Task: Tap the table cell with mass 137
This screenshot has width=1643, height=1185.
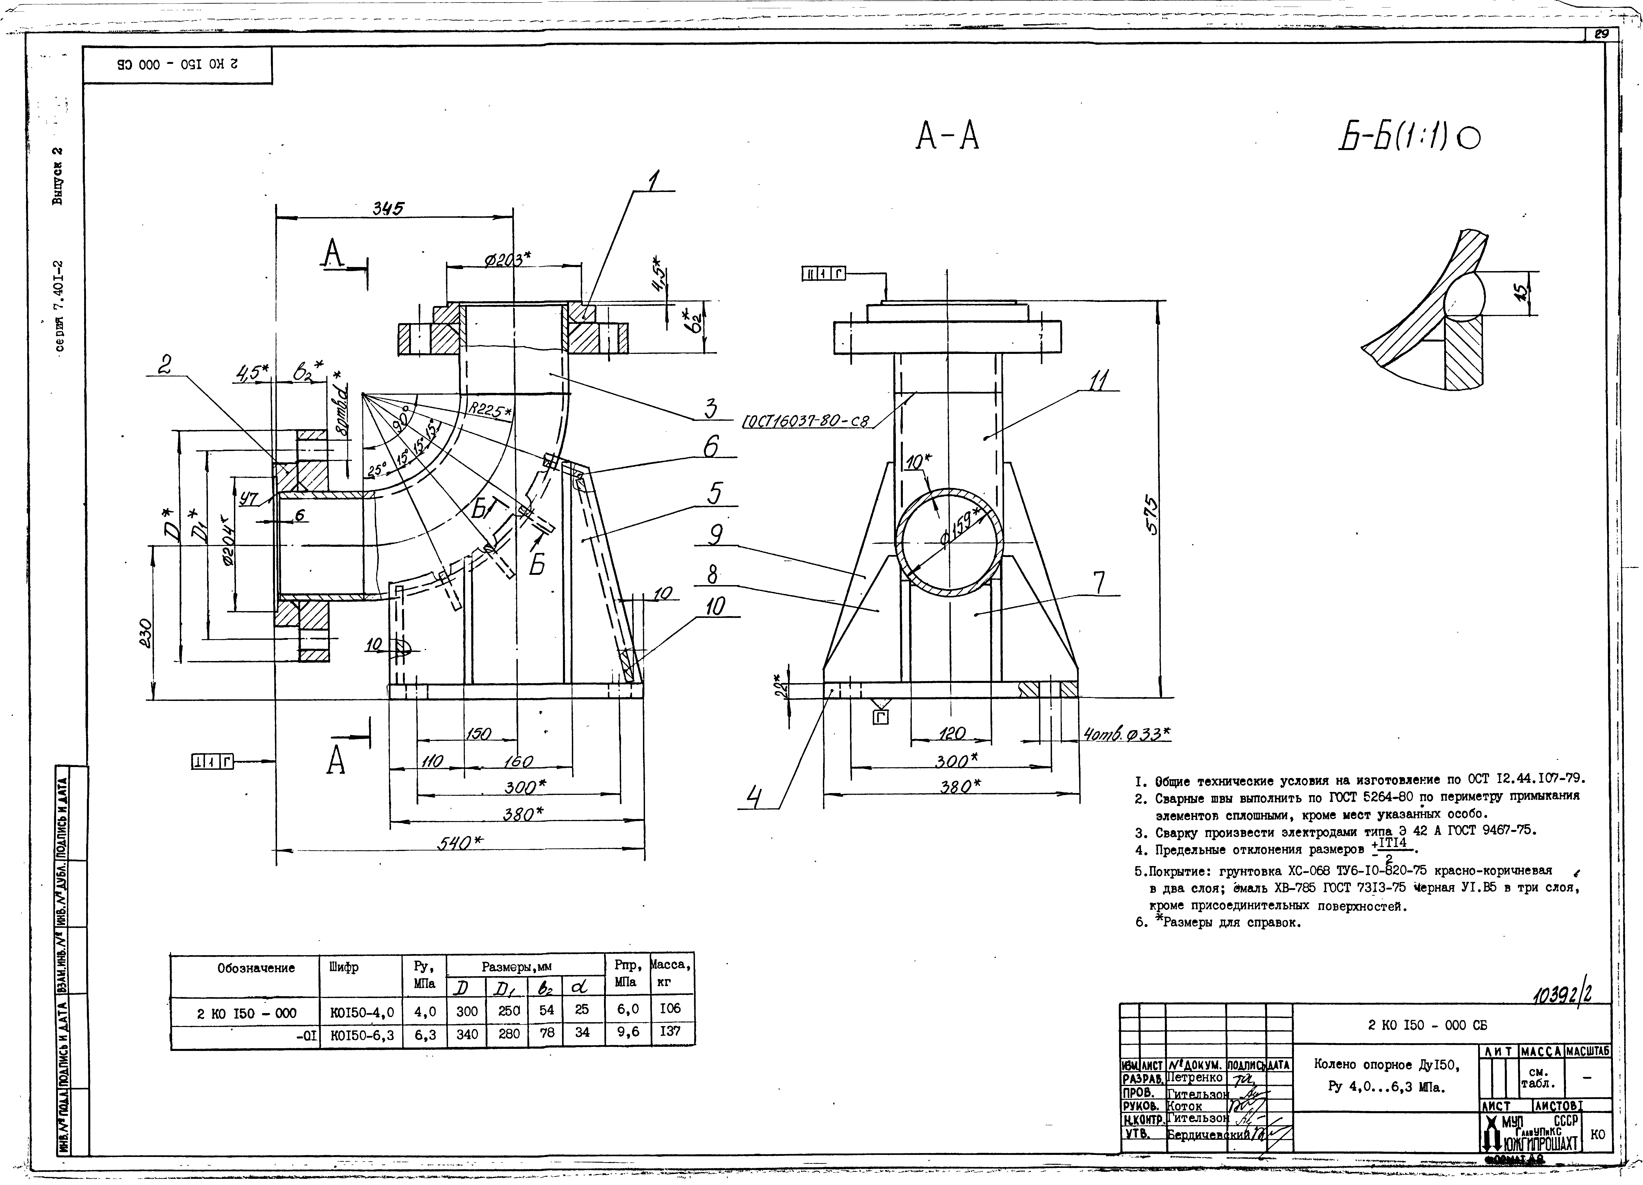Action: [x=670, y=1032]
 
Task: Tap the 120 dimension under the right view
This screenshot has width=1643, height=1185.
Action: [x=951, y=734]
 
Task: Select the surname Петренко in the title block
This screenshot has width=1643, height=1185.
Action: [x=1195, y=1078]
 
